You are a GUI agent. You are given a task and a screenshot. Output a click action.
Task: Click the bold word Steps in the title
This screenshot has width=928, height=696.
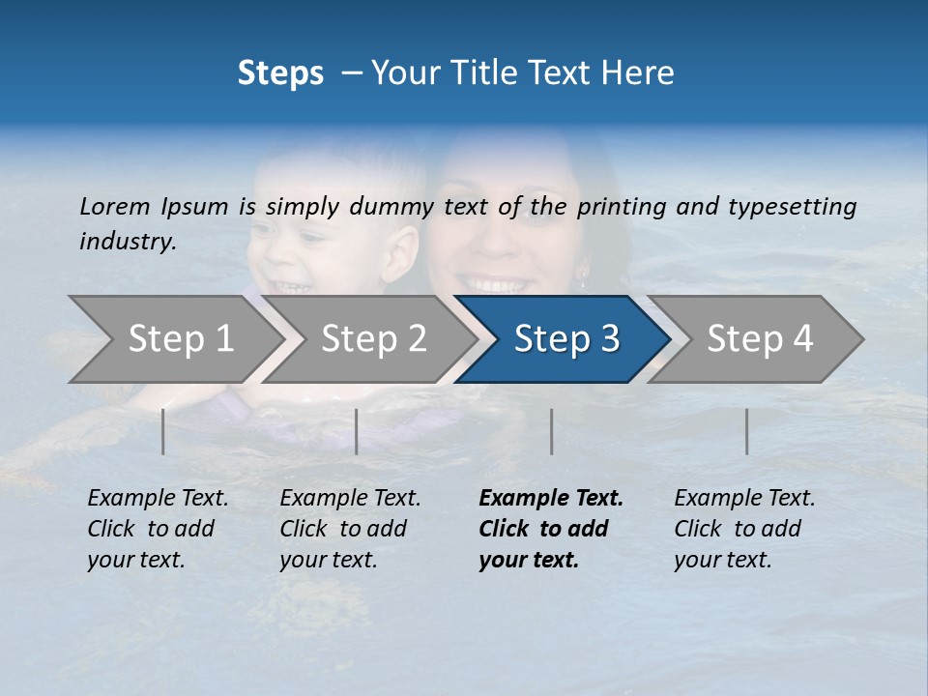(280, 73)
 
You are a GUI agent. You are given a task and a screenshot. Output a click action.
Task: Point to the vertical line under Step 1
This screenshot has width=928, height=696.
(163, 431)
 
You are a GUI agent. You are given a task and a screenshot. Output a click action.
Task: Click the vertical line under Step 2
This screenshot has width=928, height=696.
(357, 431)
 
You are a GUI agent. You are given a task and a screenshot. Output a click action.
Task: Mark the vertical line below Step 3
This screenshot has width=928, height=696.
(551, 431)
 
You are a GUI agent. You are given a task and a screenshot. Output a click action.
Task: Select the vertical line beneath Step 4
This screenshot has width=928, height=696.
(746, 431)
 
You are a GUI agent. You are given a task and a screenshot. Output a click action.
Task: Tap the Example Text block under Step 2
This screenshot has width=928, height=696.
(351, 529)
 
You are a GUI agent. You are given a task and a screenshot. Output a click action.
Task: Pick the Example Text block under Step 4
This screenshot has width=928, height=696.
(745, 529)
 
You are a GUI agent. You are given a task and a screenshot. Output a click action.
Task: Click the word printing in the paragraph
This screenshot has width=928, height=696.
(622, 207)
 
